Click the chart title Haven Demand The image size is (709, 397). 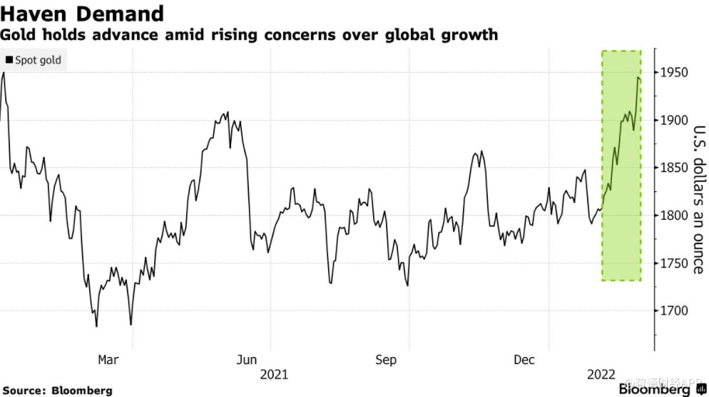tap(83, 13)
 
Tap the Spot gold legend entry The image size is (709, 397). tap(34, 61)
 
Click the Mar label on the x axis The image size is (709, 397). tap(108, 360)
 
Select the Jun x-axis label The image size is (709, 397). tap(247, 360)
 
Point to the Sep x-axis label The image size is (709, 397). tap(386, 360)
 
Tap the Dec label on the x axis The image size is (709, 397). tap(524, 360)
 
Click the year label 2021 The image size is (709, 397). tap(275, 373)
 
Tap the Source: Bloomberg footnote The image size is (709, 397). tap(56, 391)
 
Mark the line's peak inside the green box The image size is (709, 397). tap(638, 77)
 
